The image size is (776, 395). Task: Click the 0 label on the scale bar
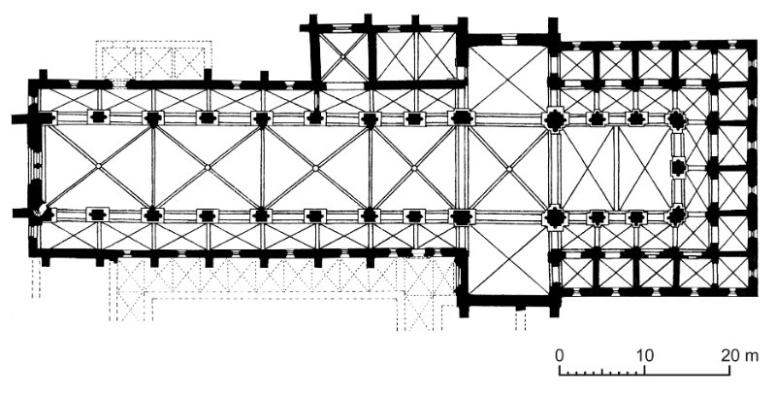(560, 355)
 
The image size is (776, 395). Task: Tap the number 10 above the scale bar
(645, 355)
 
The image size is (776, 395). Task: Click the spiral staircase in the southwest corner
(40, 211)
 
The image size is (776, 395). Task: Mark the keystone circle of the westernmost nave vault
(99, 166)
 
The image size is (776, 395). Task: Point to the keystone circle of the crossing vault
(508, 169)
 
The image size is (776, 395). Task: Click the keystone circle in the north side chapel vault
(343, 57)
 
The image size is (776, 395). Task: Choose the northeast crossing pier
(555, 119)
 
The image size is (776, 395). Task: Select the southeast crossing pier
(555, 216)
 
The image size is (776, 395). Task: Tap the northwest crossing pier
(462, 117)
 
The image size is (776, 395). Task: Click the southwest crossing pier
(462, 216)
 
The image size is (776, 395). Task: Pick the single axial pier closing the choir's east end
(678, 167)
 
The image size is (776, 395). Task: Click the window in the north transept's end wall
(508, 38)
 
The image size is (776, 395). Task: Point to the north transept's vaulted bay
(507, 80)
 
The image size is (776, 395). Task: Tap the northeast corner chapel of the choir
(732, 65)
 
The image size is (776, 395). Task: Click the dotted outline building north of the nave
(153, 60)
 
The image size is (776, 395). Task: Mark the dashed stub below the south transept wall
(520, 319)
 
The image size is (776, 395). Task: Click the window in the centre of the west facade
(36, 167)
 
